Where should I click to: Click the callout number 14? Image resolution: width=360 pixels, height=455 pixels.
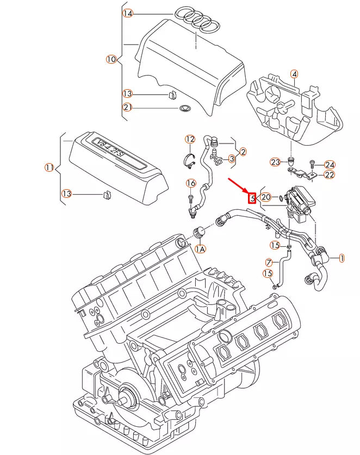[127, 14]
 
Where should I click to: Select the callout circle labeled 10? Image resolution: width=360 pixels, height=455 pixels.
[111, 59]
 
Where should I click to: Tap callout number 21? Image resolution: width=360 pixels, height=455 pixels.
[127, 107]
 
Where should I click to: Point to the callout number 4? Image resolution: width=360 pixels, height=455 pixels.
[294, 74]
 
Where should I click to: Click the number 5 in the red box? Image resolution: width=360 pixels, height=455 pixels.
[252, 197]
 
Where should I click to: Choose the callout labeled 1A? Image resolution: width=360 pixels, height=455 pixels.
[200, 248]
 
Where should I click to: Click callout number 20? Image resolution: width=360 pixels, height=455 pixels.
[266, 197]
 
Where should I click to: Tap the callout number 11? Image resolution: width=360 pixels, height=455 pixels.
[49, 168]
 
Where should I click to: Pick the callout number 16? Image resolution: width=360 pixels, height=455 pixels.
[191, 183]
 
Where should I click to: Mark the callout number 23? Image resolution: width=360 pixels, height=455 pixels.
[275, 163]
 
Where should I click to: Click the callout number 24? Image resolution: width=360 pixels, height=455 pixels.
[330, 165]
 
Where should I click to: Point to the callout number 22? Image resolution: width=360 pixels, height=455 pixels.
[330, 175]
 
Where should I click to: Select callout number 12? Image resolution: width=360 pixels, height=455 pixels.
[190, 140]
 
